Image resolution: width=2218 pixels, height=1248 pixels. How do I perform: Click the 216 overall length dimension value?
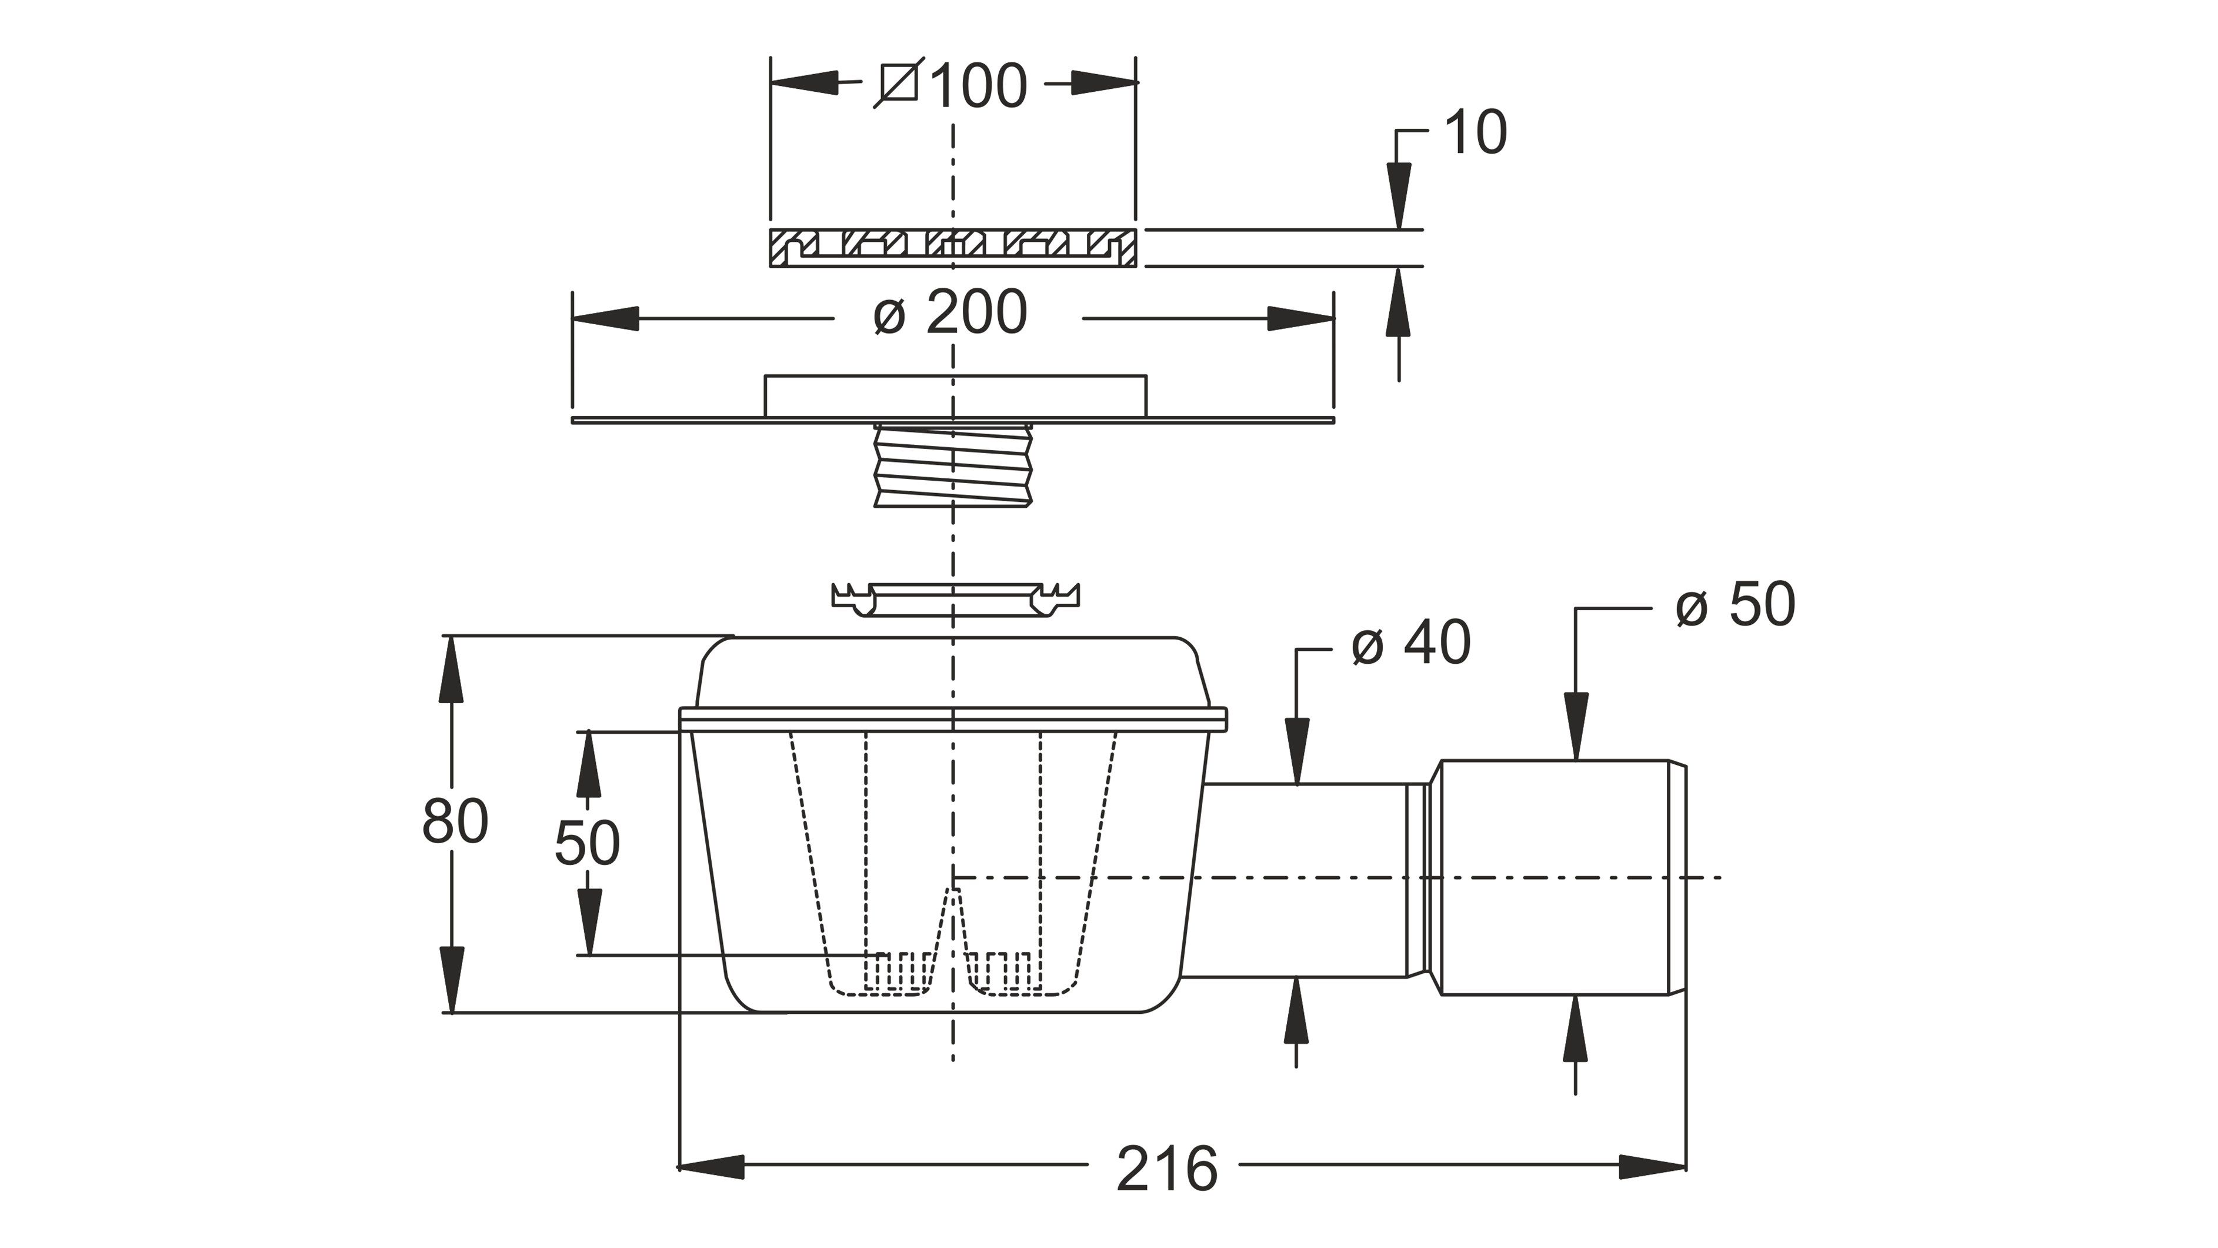[x=1167, y=1169]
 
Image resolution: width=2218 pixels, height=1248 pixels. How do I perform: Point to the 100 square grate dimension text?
[x=979, y=86]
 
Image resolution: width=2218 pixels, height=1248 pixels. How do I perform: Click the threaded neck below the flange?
[x=952, y=468]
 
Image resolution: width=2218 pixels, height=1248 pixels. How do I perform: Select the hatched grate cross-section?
[x=953, y=248]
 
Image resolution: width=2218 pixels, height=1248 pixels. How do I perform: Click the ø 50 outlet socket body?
[x=1563, y=878]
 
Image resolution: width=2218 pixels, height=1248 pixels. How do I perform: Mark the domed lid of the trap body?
[x=953, y=674]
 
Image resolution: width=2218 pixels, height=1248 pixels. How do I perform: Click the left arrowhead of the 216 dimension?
[x=711, y=1167]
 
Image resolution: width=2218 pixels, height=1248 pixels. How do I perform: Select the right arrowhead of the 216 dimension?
[x=1653, y=1167]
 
